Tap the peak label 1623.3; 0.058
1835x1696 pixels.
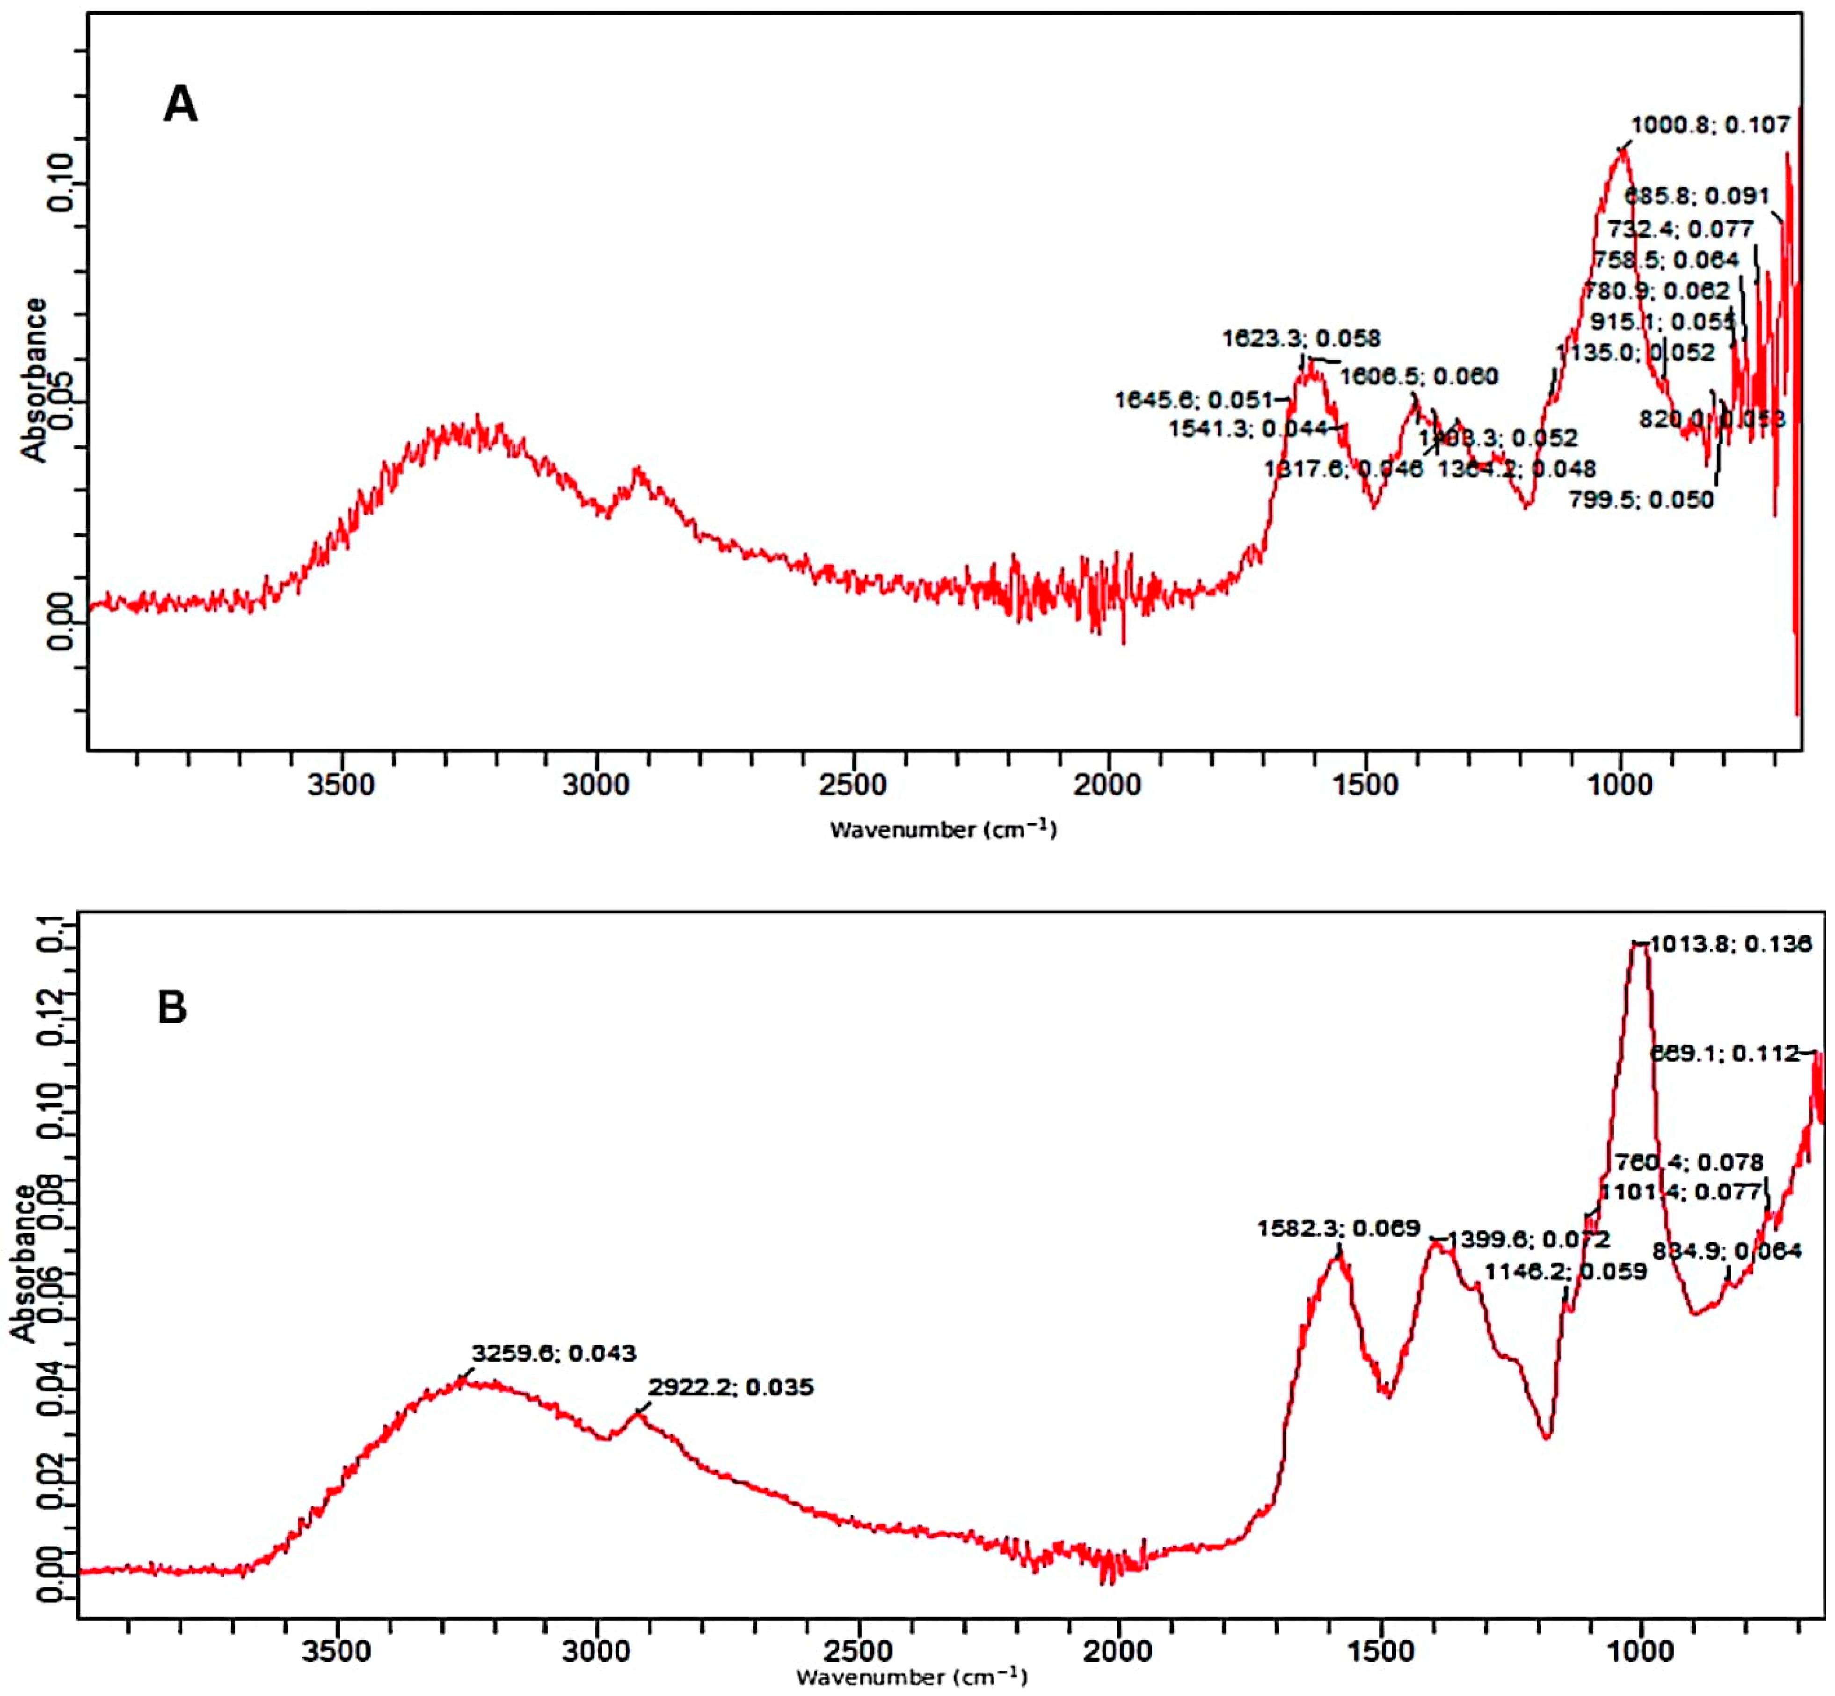click(x=1301, y=339)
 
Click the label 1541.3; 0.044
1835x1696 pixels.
click(x=1248, y=429)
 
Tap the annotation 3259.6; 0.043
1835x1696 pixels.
click(x=554, y=1353)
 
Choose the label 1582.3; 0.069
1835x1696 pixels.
click(x=1339, y=1228)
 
